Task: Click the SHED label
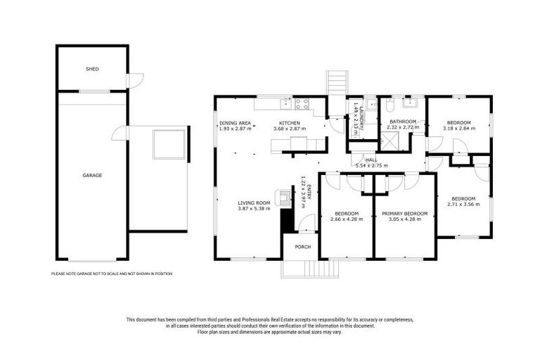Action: point(91,70)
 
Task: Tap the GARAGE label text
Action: point(91,175)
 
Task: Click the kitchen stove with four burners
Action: point(302,105)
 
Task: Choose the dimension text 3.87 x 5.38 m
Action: point(253,209)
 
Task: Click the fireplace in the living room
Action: point(283,198)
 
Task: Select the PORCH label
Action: point(302,246)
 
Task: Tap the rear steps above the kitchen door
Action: point(336,82)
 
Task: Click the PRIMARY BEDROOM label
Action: point(404,213)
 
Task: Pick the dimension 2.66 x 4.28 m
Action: point(347,219)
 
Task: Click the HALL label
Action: point(371,160)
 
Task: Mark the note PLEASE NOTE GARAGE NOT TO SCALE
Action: point(112,274)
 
